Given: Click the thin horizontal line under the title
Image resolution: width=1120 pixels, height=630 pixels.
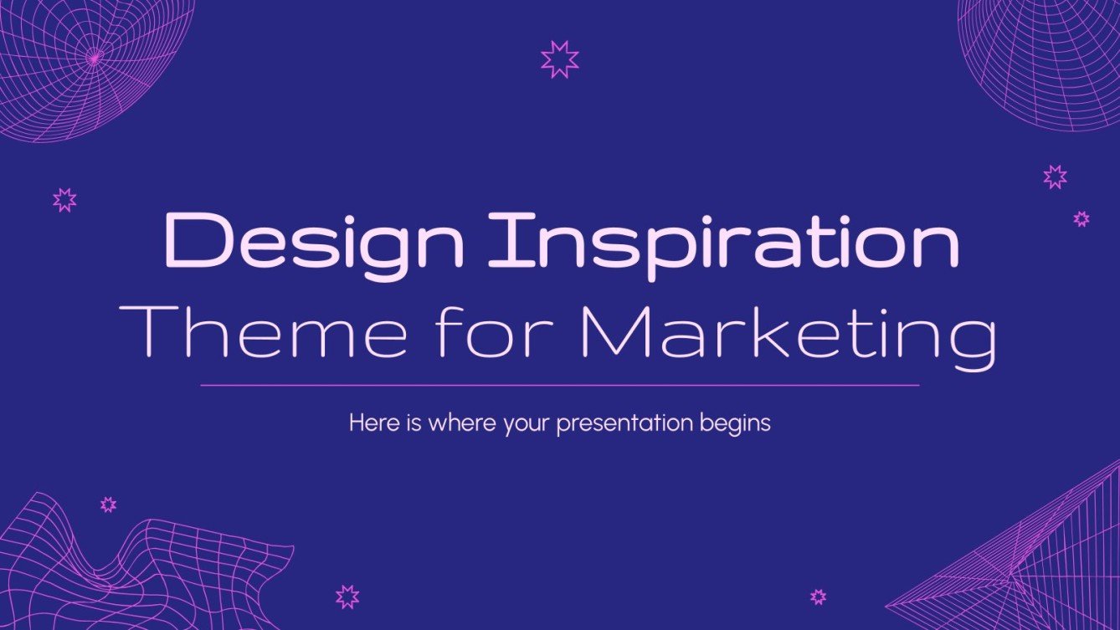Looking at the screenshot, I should tap(559, 385).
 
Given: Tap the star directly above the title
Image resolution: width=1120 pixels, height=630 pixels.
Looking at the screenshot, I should tap(559, 59).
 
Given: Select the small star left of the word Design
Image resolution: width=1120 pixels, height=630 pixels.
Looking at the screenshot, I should tap(64, 199).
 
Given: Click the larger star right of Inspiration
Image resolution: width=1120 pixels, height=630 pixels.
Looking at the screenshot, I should tap(1055, 176).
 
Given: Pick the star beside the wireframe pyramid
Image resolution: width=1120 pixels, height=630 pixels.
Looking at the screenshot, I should tap(818, 597).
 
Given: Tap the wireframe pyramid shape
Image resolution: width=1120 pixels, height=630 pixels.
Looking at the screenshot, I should tap(1030, 569).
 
